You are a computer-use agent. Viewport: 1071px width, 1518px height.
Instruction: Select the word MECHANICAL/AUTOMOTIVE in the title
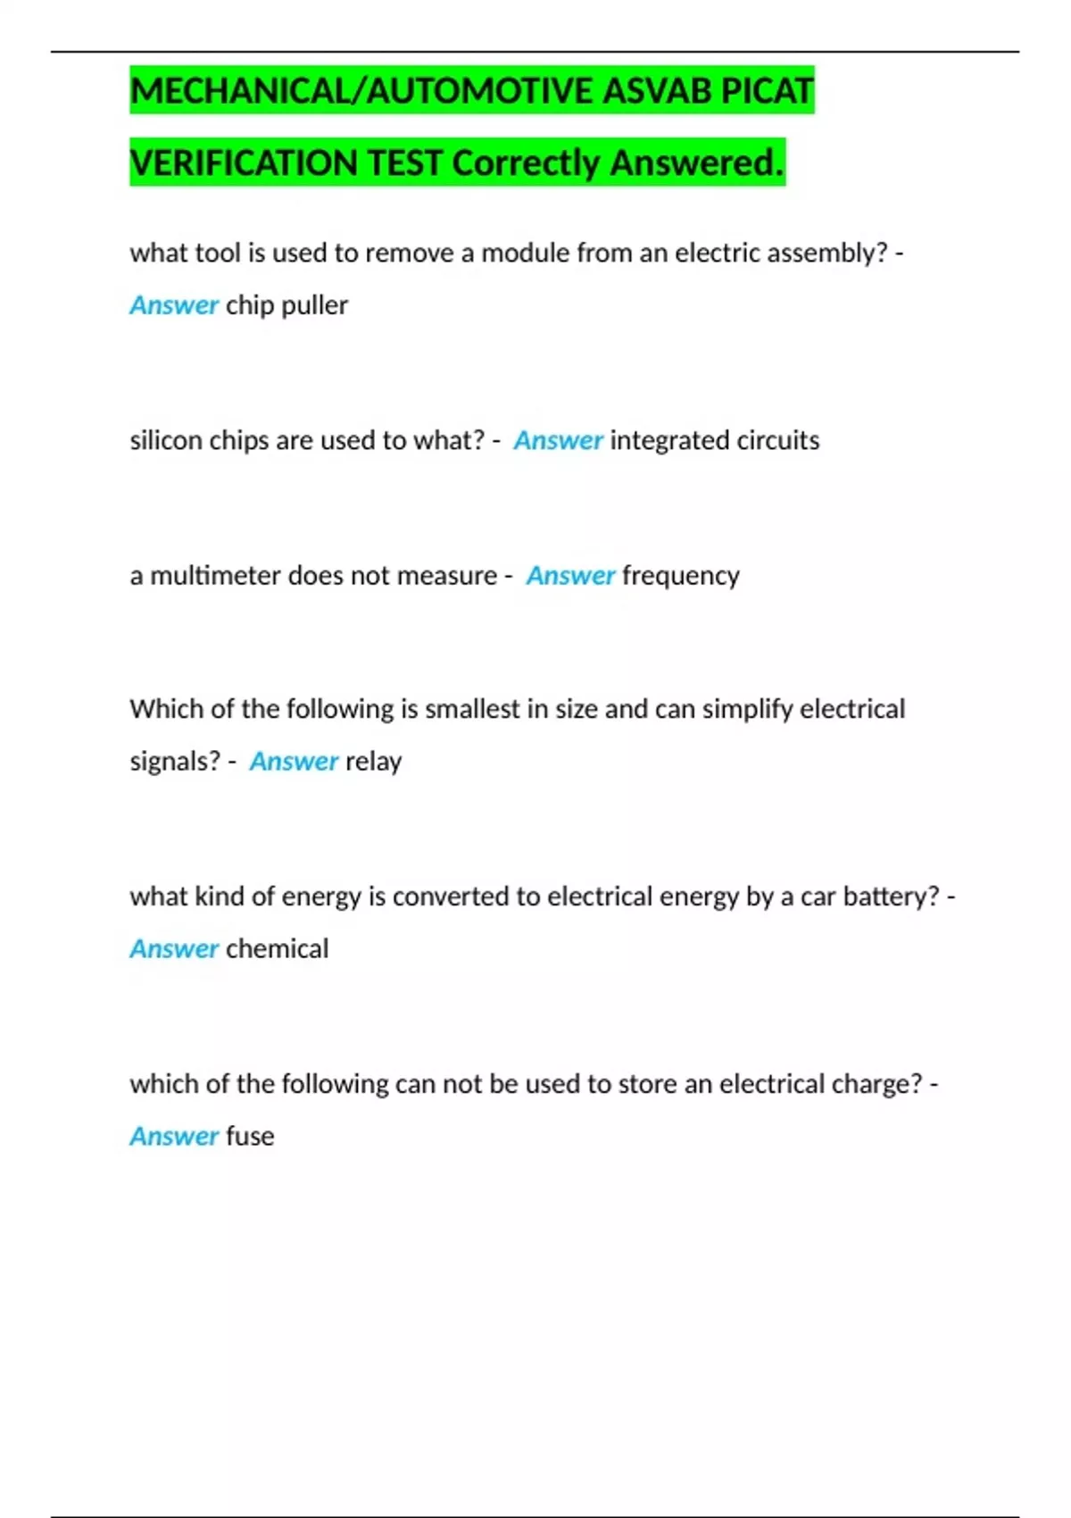coord(361,91)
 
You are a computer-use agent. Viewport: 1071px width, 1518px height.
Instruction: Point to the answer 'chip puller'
coord(286,305)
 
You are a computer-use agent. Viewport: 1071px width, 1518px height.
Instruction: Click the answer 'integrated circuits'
coord(714,440)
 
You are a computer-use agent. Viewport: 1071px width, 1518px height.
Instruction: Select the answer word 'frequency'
coord(681,576)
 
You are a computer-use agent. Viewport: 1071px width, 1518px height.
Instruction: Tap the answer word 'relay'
coord(373,762)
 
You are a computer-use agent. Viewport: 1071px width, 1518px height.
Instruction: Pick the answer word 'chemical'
coord(277,948)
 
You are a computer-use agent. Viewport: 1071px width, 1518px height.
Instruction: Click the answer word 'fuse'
coord(250,1136)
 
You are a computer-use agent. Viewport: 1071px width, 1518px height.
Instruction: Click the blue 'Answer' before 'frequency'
coord(570,576)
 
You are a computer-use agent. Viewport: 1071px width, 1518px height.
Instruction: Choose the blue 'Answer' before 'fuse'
coord(174,1136)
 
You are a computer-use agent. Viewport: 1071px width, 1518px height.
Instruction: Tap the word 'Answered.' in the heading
coord(697,163)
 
